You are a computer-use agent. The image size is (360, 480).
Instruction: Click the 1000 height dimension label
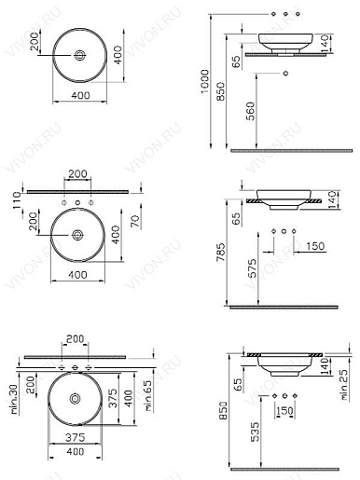[x=204, y=81]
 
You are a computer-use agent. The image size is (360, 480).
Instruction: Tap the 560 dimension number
[x=250, y=111]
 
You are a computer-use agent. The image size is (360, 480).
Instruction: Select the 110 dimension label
[x=17, y=200]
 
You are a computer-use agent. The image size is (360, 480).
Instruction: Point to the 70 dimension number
[x=136, y=221]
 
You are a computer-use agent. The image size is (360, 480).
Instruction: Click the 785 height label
[x=221, y=252]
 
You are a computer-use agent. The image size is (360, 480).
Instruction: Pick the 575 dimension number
[x=253, y=268]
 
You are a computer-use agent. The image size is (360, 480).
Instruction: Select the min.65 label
[x=148, y=395]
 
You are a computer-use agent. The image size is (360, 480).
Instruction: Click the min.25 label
[x=344, y=385]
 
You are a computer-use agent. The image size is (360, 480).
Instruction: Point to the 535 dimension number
[x=255, y=432]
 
